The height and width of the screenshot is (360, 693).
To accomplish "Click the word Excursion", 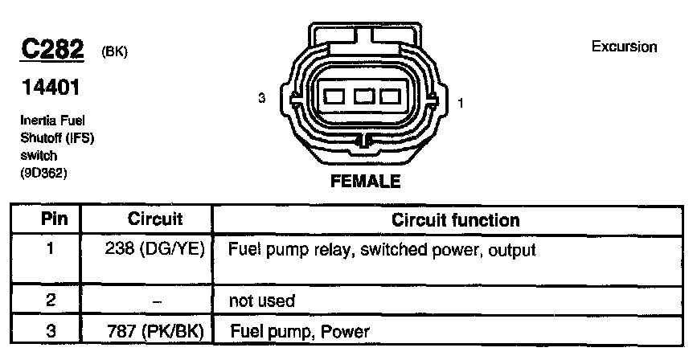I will click(624, 47).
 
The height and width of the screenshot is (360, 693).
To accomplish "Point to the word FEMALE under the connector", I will click(365, 182).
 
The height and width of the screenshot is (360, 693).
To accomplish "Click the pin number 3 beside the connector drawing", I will click(261, 98).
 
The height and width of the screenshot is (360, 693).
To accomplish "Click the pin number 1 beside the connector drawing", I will click(460, 102).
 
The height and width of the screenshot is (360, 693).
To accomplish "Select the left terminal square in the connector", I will click(334, 97).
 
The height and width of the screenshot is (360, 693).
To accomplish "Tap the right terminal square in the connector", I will click(391, 97).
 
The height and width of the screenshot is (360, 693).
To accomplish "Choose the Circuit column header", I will click(155, 219).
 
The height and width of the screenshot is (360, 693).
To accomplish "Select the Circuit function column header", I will click(455, 219).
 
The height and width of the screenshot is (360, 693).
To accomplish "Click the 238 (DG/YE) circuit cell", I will click(156, 250).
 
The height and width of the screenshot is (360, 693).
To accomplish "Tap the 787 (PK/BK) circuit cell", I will click(156, 331).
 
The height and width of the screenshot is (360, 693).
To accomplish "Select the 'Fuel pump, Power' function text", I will click(301, 331).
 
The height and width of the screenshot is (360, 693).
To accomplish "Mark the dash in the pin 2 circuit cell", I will click(156, 301).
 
